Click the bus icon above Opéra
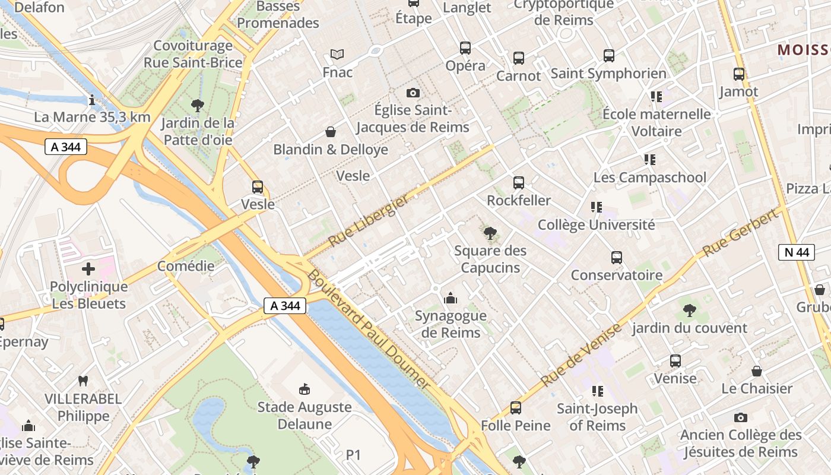tap(465, 48)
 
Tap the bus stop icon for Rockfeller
tap(519, 183)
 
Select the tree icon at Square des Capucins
tap(490, 233)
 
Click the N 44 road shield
tap(796, 252)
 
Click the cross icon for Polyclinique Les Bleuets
tap(88, 270)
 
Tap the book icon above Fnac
tap(337, 55)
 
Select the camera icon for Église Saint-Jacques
tap(413, 93)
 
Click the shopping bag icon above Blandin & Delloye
tap(331, 132)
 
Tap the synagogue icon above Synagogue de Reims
tap(451, 298)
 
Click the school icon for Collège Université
tap(597, 207)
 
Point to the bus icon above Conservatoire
tap(617, 258)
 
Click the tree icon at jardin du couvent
tap(689, 310)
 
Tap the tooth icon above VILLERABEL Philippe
tap(83, 381)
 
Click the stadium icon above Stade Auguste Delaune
tap(305, 389)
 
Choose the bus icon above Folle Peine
tap(516, 408)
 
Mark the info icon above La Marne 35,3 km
tap(92, 100)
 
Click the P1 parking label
tap(354, 455)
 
